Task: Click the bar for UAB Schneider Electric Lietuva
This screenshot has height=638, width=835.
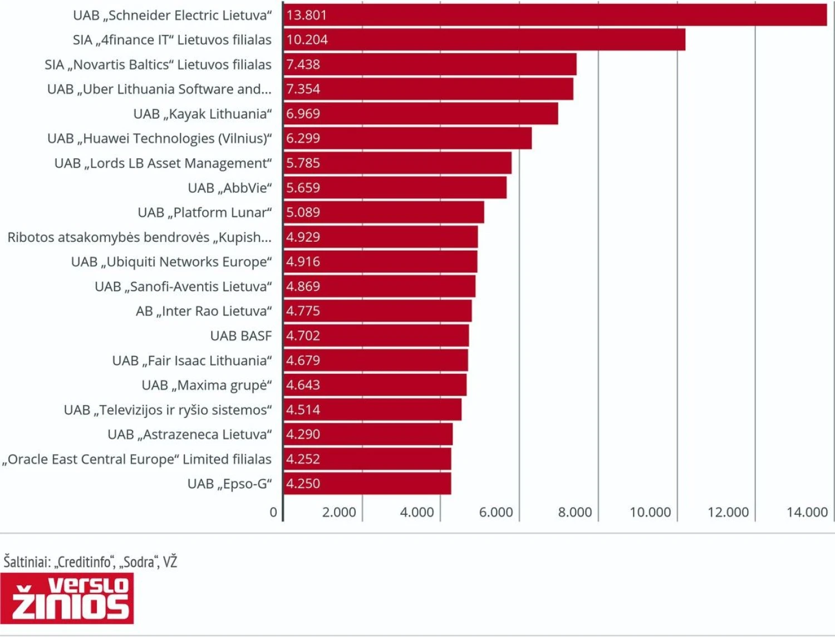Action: (555, 15)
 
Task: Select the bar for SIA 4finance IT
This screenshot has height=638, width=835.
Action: (484, 40)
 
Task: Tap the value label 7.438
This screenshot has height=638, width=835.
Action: (303, 65)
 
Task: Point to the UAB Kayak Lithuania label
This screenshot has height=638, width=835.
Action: (203, 114)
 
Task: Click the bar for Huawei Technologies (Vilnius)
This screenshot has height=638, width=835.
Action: (407, 138)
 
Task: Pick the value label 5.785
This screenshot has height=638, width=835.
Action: (303, 163)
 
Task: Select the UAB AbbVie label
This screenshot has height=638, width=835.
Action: (229, 188)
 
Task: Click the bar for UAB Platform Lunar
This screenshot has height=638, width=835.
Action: (384, 212)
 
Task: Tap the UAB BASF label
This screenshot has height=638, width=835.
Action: (241, 336)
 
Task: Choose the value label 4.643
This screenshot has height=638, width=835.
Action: (303, 385)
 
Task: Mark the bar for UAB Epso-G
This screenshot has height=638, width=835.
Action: (367, 484)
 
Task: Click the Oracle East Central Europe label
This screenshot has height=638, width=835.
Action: (137, 460)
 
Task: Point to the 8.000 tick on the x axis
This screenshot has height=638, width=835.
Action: (575, 512)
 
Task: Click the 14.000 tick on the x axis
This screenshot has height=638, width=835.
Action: (807, 512)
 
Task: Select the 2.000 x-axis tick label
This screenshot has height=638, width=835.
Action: (339, 512)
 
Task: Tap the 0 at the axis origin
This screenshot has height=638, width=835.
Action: (273, 512)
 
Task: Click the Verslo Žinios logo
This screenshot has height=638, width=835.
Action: (67, 598)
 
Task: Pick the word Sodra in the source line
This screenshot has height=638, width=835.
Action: (139, 562)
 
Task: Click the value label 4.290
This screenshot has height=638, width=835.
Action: (303, 435)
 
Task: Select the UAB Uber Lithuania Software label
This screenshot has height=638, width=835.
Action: (159, 89)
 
